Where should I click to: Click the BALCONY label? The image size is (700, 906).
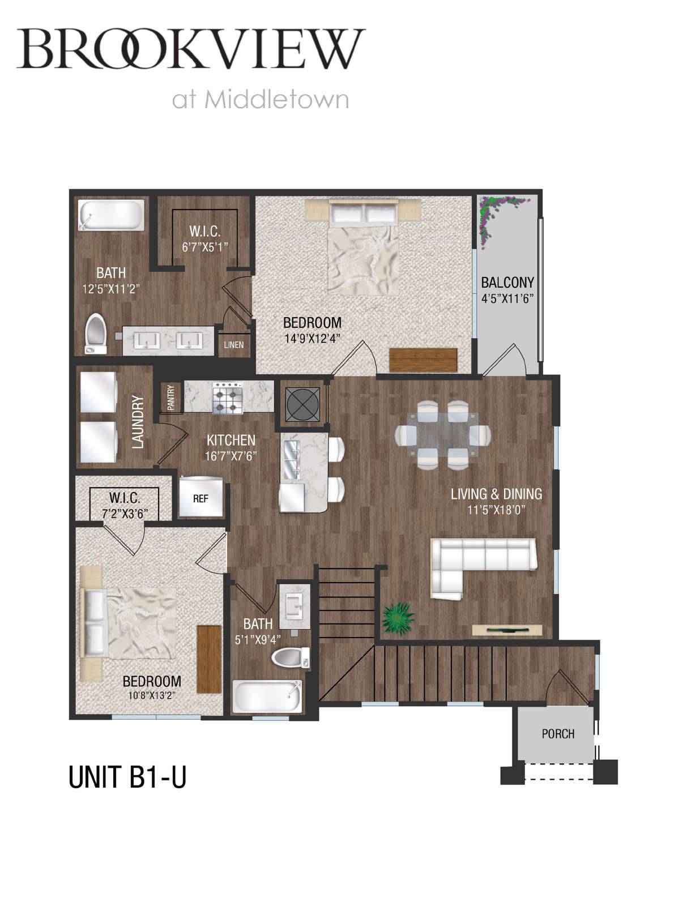[x=507, y=283]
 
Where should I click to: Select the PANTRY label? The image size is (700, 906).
[x=171, y=398]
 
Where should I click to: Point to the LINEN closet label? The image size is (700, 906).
[x=233, y=345]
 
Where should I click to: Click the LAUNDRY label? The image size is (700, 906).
[x=138, y=422]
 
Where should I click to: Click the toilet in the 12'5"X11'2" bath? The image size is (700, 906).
[x=96, y=334]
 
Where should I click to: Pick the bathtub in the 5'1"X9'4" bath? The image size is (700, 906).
[x=267, y=696]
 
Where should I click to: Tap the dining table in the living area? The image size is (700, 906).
[x=443, y=434]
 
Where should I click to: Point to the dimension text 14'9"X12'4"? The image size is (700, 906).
[x=312, y=338]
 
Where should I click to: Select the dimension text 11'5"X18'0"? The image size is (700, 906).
[x=496, y=510]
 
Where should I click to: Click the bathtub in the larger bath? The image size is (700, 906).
[x=112, y=215]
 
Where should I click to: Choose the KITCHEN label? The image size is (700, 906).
[x=231, y=441]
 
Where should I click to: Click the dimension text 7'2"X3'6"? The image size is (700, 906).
[x=125, y=514]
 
